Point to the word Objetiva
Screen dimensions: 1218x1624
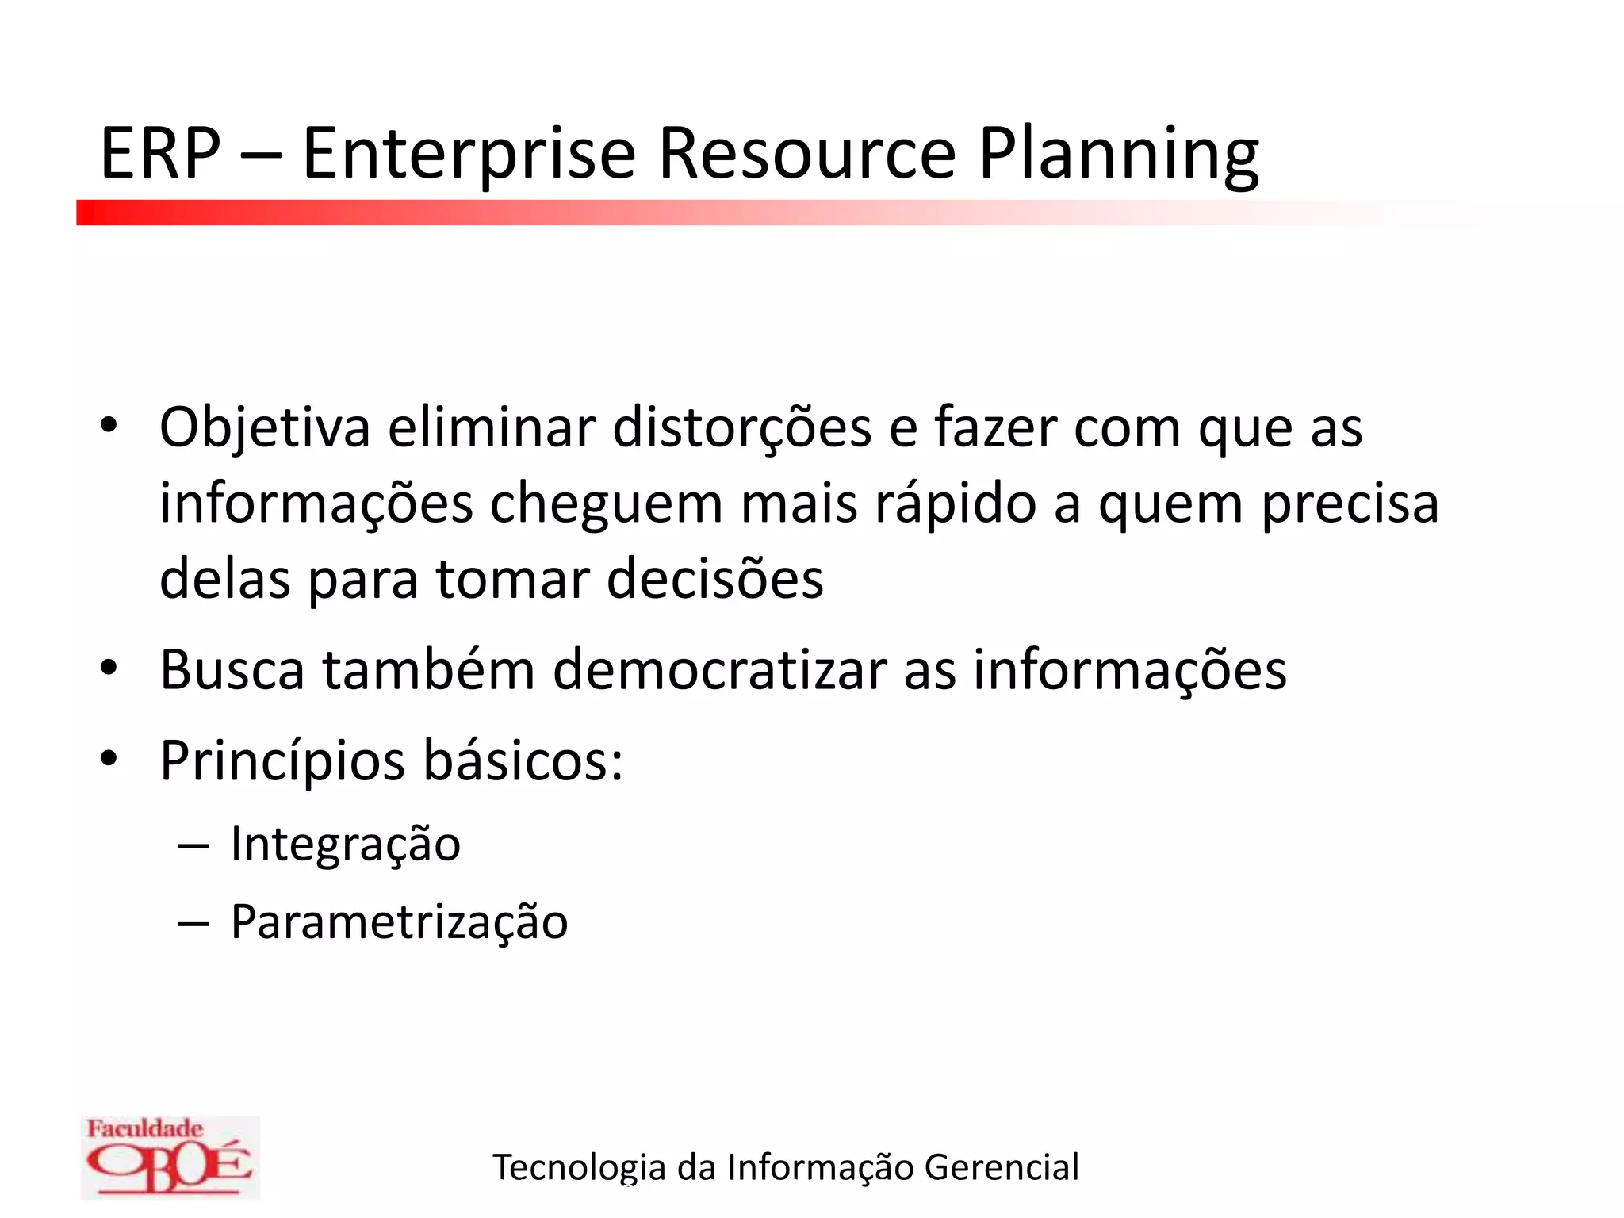(265, 429)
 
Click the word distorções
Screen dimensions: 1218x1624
(742, 429)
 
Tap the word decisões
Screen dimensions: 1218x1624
(714, 579)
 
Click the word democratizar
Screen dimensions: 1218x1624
(719, 670)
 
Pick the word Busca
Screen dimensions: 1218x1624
(232, 670)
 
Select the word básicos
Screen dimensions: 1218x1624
(523, 761)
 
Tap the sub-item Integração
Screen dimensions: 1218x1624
(345, 844)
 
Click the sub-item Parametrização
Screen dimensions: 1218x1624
(399, 922)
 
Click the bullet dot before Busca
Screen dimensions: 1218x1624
(109, 668)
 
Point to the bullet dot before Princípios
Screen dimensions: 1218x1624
(109, 759)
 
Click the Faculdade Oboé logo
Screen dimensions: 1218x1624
(170, 1157)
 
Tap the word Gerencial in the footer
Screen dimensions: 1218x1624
(1001, 1167)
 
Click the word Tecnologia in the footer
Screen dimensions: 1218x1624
(579, 1167)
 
